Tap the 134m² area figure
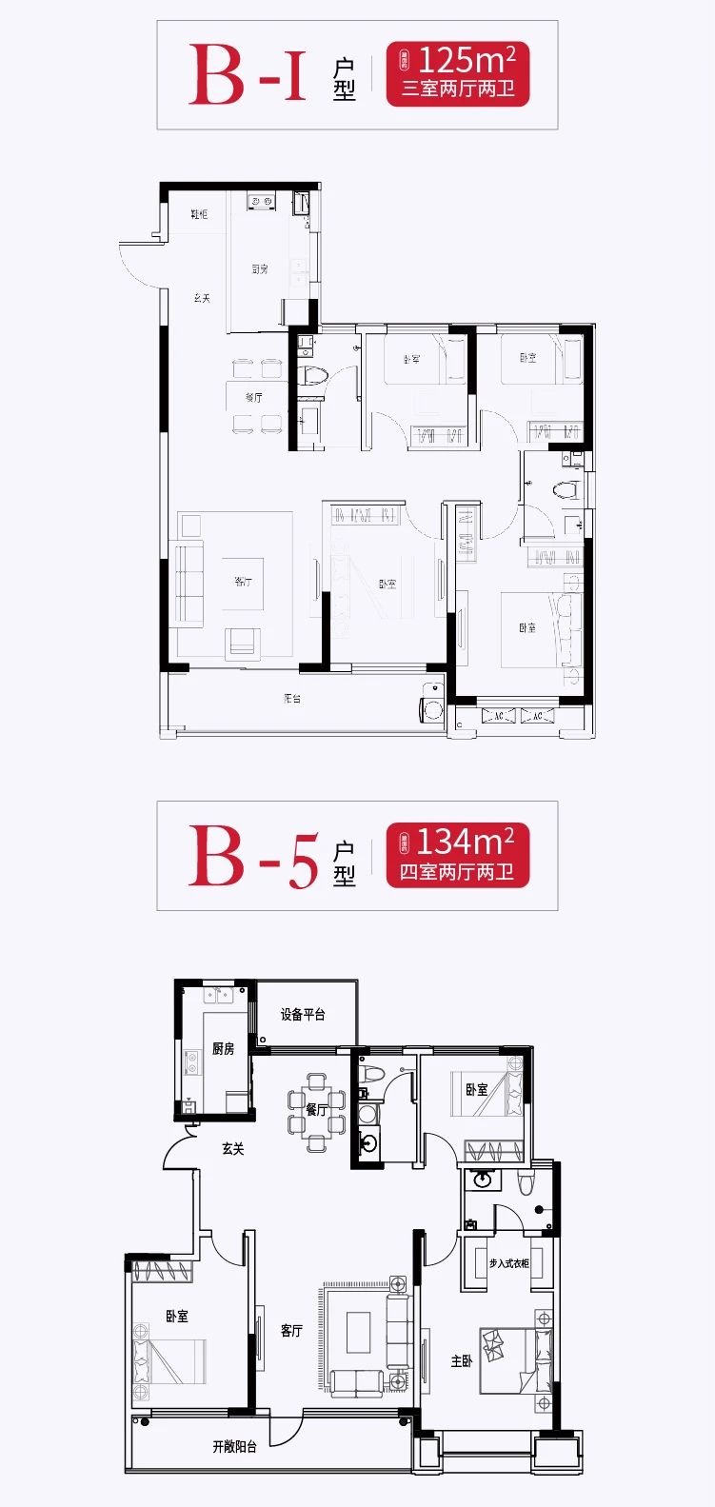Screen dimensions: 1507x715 [466, 842]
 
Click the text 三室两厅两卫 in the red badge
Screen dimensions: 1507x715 [458, 90]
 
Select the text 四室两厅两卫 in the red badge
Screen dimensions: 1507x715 [457, 872]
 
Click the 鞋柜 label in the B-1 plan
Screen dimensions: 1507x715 [198, 215]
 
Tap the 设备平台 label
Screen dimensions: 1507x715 [303, 1015]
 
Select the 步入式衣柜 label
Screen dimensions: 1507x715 [508, 1263]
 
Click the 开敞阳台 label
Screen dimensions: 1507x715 [234, 1447]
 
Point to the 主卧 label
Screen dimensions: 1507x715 [462, 1361]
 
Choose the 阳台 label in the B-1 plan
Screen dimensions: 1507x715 [292, 699]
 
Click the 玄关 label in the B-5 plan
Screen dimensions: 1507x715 [233, 1149]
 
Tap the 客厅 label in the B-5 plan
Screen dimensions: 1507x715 [291, 1331]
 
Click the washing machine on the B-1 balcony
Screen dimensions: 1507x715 [433, 709]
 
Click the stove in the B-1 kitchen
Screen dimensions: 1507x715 [261, 201]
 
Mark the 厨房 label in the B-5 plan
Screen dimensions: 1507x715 [223, 1049]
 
